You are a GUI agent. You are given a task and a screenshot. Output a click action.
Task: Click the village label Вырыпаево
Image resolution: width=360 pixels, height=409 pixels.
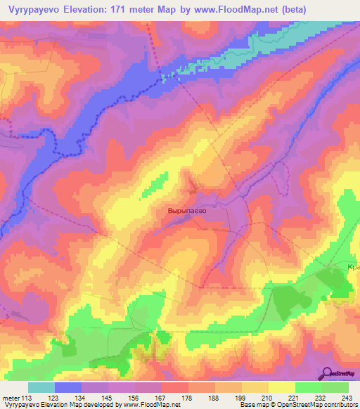186,209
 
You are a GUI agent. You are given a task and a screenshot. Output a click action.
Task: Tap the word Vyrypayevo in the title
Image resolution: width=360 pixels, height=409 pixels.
32,10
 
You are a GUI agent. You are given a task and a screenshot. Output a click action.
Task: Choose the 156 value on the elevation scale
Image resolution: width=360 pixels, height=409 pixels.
131,398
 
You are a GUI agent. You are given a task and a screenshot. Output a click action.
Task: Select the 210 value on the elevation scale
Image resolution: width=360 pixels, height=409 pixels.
265,398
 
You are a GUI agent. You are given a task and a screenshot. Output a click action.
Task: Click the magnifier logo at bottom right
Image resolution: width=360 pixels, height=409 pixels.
328,373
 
